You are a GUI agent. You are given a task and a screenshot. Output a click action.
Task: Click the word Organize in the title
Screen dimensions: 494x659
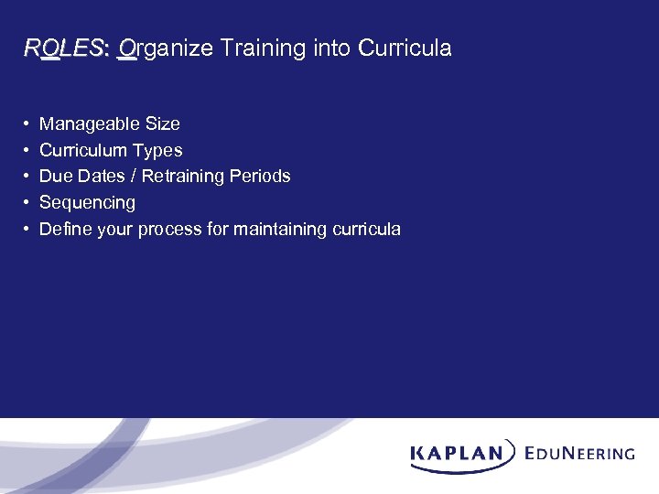point(165,48)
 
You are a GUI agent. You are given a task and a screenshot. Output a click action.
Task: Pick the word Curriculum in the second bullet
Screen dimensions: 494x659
point(84,150)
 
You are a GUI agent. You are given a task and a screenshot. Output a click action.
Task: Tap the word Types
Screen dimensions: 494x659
point(157,150)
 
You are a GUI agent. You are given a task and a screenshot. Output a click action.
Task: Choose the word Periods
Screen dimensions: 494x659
point(261,176)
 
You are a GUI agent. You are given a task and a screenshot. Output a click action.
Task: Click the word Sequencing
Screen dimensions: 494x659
point(87,202)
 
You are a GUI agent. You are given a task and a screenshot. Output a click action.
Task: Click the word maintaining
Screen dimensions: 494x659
point(275,229)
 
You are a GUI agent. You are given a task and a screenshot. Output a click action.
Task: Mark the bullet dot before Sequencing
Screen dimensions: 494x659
point(27,202)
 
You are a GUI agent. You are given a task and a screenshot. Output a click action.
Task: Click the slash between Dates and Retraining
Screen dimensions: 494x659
point(134,176)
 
